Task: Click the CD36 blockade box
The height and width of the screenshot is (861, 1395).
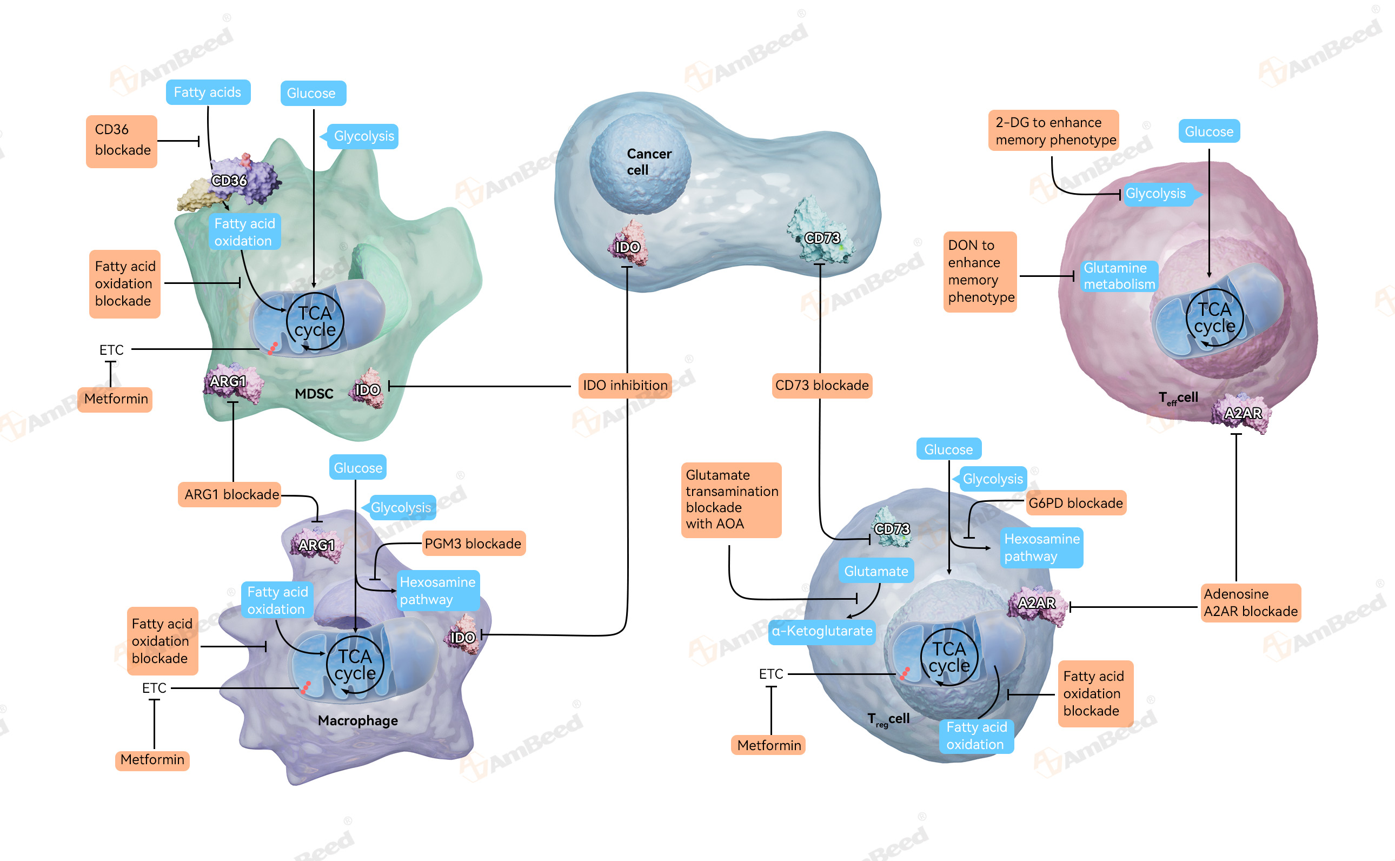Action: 121,141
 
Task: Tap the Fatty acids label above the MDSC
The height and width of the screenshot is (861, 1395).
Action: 208,92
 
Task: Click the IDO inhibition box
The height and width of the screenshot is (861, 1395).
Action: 625,386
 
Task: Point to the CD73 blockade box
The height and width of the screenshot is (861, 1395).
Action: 821,386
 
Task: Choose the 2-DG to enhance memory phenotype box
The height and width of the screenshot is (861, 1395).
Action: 1054,131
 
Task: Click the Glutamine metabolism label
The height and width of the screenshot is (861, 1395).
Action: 1118,276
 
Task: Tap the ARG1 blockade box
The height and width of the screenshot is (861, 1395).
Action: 231,494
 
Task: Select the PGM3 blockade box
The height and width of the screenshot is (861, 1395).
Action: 473,544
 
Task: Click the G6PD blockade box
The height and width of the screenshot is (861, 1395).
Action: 1075,504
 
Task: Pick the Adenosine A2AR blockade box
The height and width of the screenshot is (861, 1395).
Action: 1250,603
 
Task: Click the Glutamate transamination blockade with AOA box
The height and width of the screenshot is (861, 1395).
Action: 731,500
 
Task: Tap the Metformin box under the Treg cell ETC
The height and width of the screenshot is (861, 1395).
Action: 768,745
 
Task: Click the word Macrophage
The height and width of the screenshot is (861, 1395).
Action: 357,721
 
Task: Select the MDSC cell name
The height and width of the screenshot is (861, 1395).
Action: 314,394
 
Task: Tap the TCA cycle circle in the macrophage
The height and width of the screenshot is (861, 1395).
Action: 355,665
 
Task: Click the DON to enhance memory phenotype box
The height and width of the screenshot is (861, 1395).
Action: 980,271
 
